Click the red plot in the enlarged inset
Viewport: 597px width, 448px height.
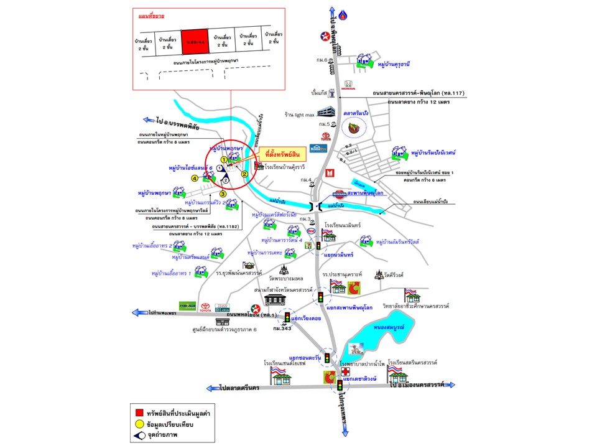194,42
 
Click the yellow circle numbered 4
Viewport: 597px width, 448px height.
195,178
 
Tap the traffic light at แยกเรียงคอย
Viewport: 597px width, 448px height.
287,317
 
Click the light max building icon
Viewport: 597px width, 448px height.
326,113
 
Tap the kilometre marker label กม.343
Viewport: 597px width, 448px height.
286,329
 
